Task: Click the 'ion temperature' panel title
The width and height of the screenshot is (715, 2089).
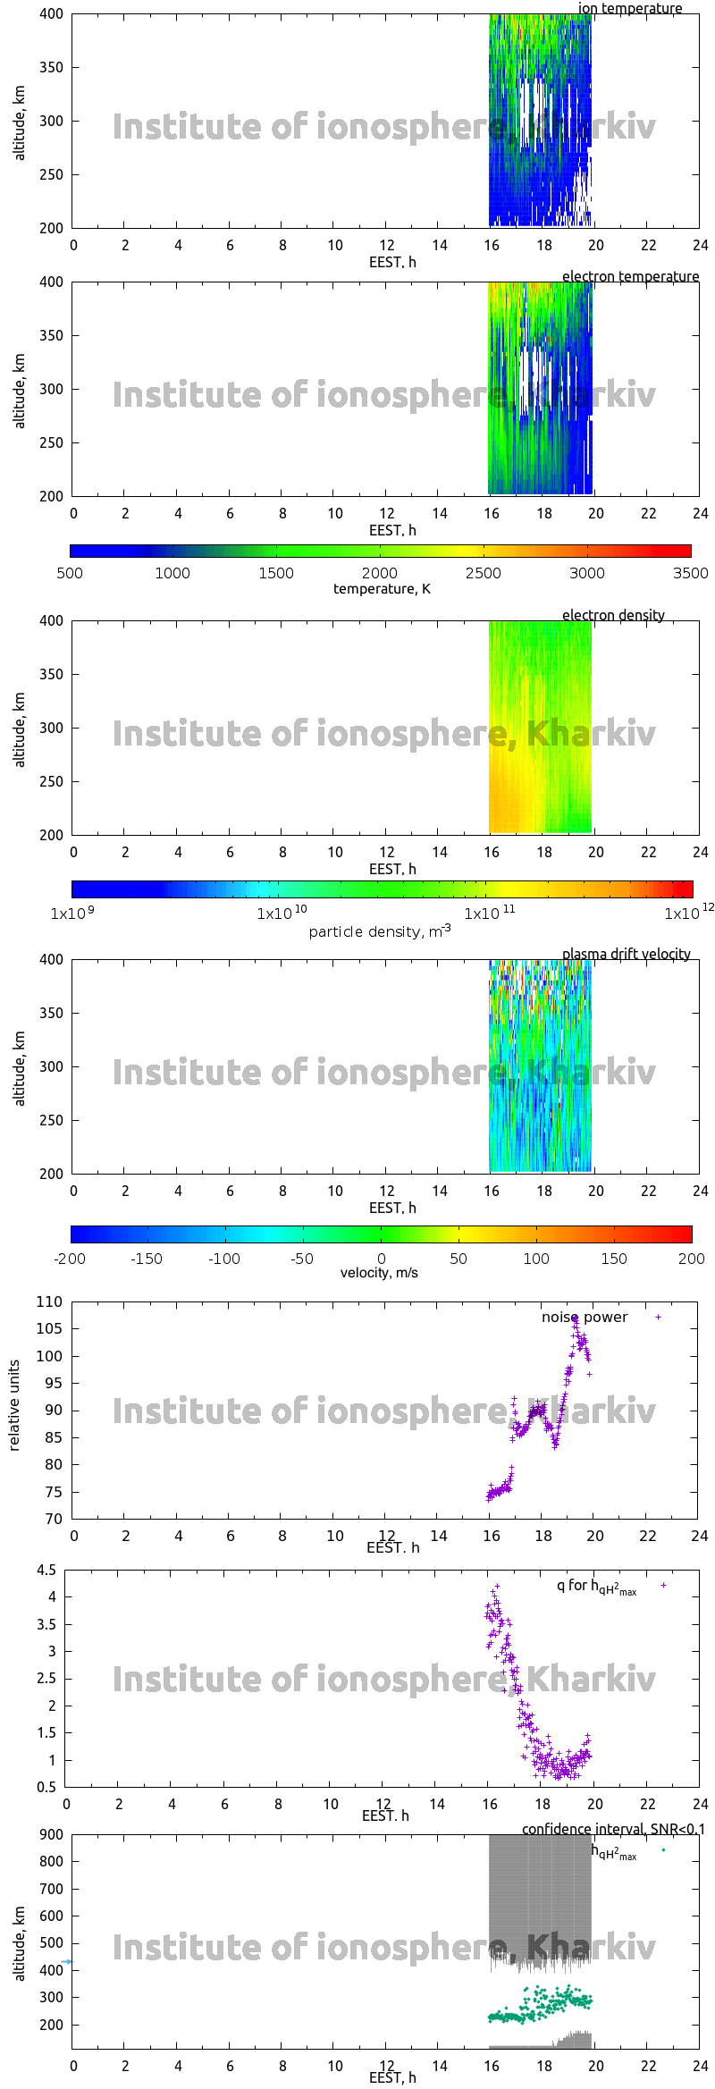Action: (629, 9)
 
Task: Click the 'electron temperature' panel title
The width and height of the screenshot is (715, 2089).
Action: (630, 277)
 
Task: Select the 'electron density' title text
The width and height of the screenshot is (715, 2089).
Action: (613, 616)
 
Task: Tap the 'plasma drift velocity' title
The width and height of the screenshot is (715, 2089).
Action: (626, 955)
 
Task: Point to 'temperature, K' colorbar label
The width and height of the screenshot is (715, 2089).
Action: (382, 589)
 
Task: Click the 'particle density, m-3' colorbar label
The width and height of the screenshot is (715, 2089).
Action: (380, 931)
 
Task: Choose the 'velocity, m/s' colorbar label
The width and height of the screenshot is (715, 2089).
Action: (379, 1273)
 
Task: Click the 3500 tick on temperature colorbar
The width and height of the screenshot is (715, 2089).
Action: (690, 573)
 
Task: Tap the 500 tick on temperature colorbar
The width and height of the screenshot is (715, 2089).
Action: (70, 573)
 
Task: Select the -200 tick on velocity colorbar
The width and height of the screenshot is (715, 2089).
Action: (70, 1259)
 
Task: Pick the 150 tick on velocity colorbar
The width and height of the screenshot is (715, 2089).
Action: (614, 1259)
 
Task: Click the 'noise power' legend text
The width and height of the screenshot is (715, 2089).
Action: (585, 1318)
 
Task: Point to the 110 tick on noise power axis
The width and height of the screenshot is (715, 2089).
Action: (50, 1302)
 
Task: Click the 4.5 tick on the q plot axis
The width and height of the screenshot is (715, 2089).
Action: (46, 1571)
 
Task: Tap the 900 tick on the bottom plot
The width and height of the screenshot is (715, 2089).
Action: (52, 1834)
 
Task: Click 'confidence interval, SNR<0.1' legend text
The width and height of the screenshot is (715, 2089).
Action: (613, 1830)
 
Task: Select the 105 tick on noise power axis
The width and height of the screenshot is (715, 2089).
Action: (50, 1329)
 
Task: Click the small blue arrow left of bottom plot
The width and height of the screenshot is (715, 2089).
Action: (66, 1962)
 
